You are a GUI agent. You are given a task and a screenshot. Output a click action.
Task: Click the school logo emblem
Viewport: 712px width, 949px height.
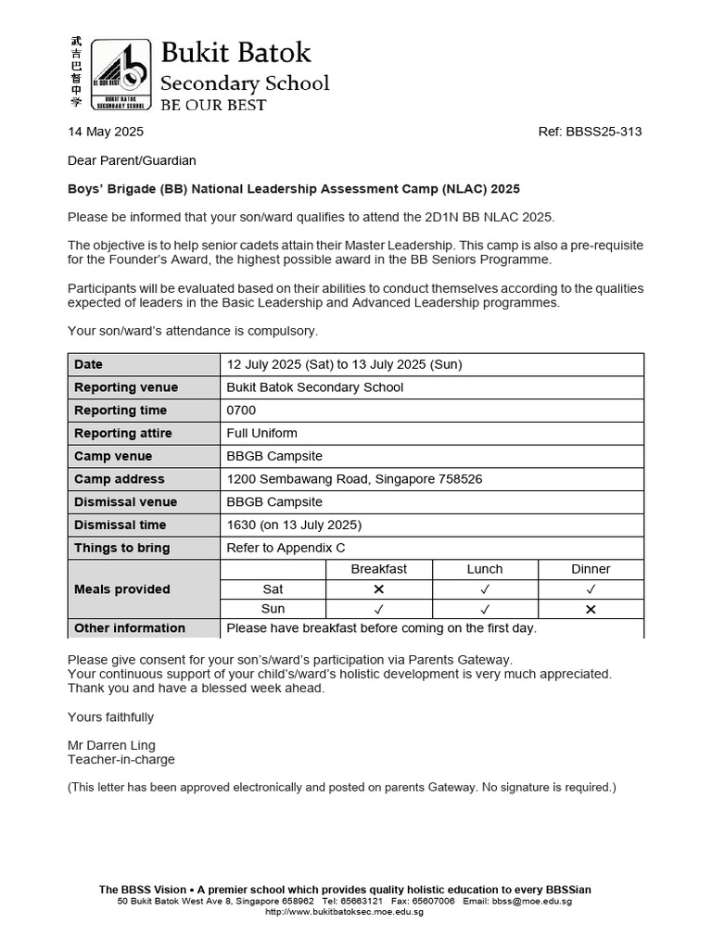[121, 74]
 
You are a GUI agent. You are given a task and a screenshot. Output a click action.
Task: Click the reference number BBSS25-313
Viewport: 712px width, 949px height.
[590, 132]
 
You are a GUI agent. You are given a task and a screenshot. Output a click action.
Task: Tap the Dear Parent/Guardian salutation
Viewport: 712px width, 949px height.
[132, 160]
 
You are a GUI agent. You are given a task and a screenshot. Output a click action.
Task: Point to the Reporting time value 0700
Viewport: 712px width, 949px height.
[243, 411]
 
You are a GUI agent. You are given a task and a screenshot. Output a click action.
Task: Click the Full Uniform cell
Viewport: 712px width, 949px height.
[261, 433]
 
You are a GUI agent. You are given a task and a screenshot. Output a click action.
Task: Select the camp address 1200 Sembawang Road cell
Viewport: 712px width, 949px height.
[354, 479]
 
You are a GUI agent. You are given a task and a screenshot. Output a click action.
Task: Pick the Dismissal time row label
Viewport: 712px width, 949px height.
[121, 525]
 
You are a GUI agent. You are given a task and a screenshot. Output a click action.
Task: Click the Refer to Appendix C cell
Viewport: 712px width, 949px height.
[286, 548]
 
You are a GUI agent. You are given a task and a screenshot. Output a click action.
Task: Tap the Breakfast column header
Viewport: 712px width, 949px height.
[378, 569]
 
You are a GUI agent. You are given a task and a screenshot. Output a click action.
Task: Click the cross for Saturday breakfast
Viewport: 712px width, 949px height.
[378, 589]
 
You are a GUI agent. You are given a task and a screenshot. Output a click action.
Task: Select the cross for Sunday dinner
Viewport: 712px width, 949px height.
[591, 610]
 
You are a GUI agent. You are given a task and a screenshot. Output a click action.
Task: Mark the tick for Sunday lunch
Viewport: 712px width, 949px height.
[485, 610]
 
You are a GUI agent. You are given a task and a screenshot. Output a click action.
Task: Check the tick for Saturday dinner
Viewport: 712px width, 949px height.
[591, 589]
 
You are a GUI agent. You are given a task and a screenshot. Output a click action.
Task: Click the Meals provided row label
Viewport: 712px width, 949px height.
[122, 589]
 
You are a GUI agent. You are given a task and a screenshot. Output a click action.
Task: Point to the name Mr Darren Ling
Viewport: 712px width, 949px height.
[111, 745]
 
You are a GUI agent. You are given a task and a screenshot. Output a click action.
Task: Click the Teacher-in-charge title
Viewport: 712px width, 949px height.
[121, 759]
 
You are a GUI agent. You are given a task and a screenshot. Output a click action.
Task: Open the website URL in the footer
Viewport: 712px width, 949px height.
[344, 911]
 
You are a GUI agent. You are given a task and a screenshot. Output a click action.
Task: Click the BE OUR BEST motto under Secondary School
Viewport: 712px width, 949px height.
[213, 105]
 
